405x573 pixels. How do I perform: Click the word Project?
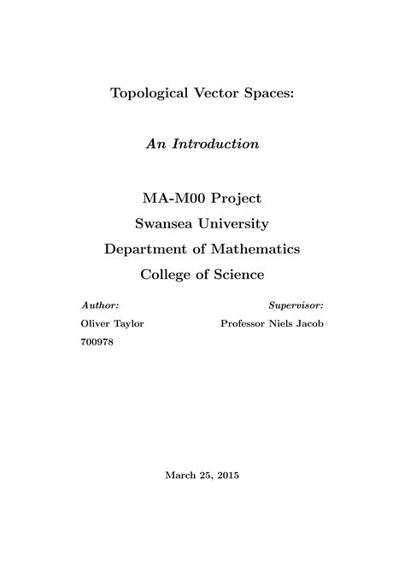point(236,198)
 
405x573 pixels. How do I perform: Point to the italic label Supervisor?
point(296,304)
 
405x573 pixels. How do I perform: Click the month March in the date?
point(179,475)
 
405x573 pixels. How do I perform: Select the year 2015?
point(228,475)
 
